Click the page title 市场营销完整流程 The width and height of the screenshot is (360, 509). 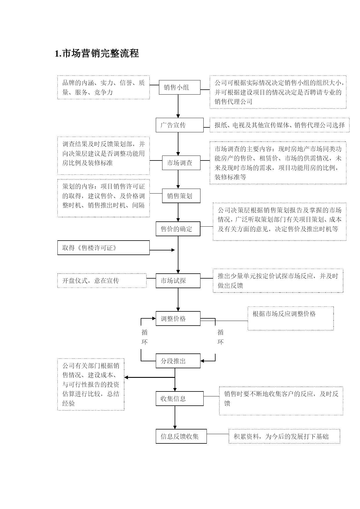coord(97,53)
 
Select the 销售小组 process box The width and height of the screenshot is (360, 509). coord(180,87)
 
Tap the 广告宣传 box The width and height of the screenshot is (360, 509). coord(180,125)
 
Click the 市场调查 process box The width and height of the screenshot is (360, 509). coord(181,163)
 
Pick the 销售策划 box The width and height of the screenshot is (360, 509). coord(181,196)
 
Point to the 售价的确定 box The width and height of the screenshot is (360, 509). coord(178,229)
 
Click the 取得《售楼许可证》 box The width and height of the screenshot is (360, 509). coord(104,248)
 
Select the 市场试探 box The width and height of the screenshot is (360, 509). coord(178,281)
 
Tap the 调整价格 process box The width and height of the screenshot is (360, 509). coord(178,318)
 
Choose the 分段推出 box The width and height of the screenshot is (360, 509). coord(178,361)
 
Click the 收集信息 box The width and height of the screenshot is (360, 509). coord(180,398)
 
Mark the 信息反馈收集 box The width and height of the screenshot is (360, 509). coord(181,436)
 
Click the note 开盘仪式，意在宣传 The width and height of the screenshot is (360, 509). coord(102,281)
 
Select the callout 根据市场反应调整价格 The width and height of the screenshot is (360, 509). coord(291,318)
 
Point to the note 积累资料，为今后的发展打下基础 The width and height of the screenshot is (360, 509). coord(284,436)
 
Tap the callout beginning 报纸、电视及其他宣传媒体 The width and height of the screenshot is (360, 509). coord(280,125)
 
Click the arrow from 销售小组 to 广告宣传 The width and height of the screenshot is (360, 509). coord(178,106)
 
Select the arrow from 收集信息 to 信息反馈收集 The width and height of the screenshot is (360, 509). coord(175,417)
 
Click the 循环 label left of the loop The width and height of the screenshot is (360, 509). coord(144,337)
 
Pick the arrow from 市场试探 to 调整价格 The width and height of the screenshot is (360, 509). coord(178,299)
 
